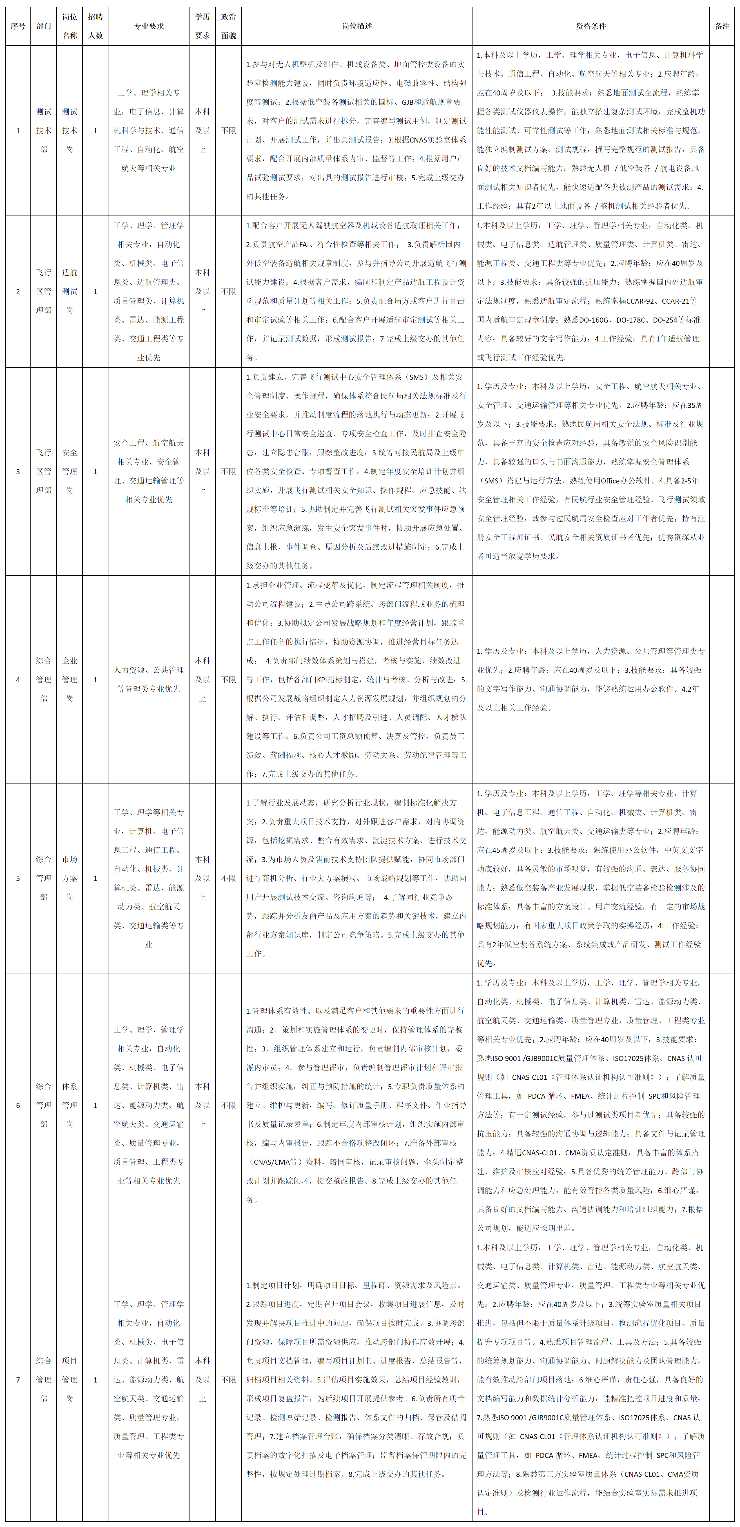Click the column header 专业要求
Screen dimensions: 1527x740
tap(149, 26)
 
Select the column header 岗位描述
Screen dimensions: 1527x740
tap(357, 26)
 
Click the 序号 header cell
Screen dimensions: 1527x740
tap(18, 26)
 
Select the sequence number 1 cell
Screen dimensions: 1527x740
tap(18, 130)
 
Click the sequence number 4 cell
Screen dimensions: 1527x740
tap(18, 679)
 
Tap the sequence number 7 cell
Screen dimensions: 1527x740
tap(18, 1379)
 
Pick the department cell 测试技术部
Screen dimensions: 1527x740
tap(44, 130)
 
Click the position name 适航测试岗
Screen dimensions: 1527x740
tap(69, 291)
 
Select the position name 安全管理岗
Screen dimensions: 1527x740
tap(69, 471)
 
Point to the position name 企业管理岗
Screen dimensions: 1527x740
tap(69, 679)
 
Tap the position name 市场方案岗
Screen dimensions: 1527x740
tap(69, 878)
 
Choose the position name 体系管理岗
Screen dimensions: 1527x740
tap(69, 1105)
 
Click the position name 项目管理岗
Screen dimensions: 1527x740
tap(69, 1379)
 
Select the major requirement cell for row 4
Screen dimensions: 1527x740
tap(149, 679)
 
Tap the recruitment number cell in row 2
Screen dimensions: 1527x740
tap(95, 291)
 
